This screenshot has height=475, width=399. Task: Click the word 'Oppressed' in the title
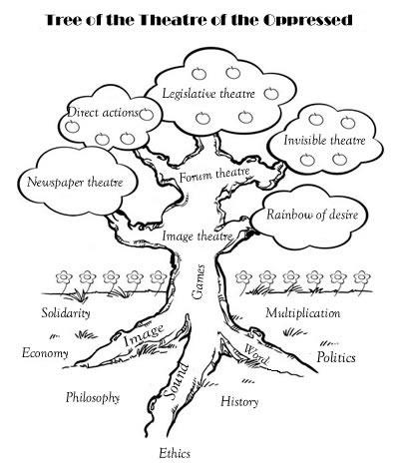click(x=308, y=20)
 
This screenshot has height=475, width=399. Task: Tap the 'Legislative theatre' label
click(x=208, y=94)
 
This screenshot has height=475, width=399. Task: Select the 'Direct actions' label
click(x=103, y=113)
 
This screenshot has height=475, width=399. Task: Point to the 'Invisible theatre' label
click(x=324, y=140)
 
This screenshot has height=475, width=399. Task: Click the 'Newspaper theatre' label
click(x=75, y=183)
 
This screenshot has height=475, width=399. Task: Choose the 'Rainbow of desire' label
click(x=312, y=215)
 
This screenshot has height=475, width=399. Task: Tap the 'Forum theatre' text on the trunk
click(x=214, y=175)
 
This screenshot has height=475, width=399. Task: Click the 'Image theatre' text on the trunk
click(x=198, y=237)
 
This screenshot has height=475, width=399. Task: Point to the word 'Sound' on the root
click(x=176, y=381)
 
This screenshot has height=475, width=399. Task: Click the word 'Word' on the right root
click(x=256, y=354)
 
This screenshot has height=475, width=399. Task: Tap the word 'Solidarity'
click(x=66, y=313)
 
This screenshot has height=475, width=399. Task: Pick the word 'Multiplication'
click(x=303, y=313)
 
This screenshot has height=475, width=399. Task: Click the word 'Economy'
click(x=45, y=353)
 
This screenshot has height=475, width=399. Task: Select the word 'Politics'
click(x=336, y=357)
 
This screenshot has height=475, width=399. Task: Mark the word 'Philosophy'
click(x=93, y=397)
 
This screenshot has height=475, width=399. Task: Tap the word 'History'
click(x=239, y=401)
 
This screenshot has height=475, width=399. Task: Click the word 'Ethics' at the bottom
click(x=175, y=453)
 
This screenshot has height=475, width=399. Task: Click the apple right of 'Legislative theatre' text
click(x=271, y=94)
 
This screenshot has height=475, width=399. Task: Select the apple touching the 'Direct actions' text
click(x=147, y=114)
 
